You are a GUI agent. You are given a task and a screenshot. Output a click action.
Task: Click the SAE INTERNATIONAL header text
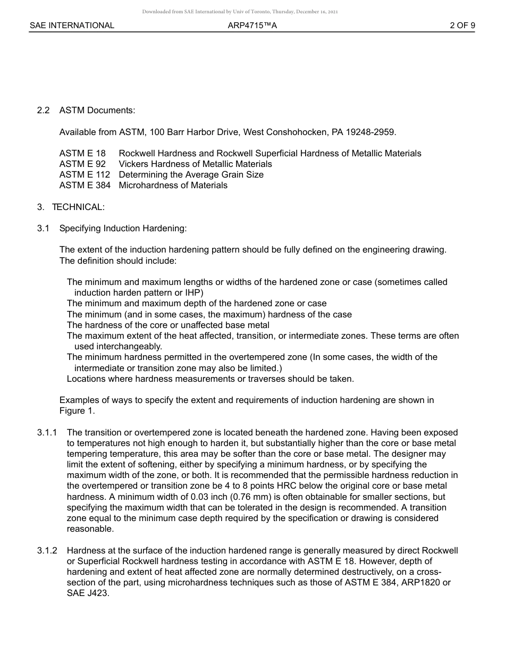(72, 25)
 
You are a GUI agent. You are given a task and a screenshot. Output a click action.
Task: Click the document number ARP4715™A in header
(252, 25)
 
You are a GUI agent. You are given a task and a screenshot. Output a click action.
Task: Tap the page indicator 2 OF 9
(462, 25)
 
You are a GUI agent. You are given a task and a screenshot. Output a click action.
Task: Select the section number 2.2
(43, 111)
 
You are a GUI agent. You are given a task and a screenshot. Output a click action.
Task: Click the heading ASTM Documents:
(97, 111)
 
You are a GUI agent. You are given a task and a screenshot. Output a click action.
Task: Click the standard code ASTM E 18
(82, 154)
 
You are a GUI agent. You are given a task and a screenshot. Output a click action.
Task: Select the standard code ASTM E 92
(82, 164)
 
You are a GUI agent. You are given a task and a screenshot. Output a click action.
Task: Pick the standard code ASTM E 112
(85, 175)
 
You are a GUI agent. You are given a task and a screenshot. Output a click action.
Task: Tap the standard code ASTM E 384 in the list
(85, 186)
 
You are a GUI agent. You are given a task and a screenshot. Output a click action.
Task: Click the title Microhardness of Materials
(173, 186)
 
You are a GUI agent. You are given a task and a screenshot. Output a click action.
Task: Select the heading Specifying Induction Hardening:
(123, 229)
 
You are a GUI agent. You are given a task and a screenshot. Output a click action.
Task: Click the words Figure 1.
(77, 411)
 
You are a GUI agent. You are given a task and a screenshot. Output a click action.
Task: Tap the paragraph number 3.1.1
(47, 433)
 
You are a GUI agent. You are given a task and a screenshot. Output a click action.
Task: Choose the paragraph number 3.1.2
(47, 551)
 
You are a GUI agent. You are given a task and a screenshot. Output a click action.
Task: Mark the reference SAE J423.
(88, 594)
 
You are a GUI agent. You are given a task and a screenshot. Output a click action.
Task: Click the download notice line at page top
(240, 11)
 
